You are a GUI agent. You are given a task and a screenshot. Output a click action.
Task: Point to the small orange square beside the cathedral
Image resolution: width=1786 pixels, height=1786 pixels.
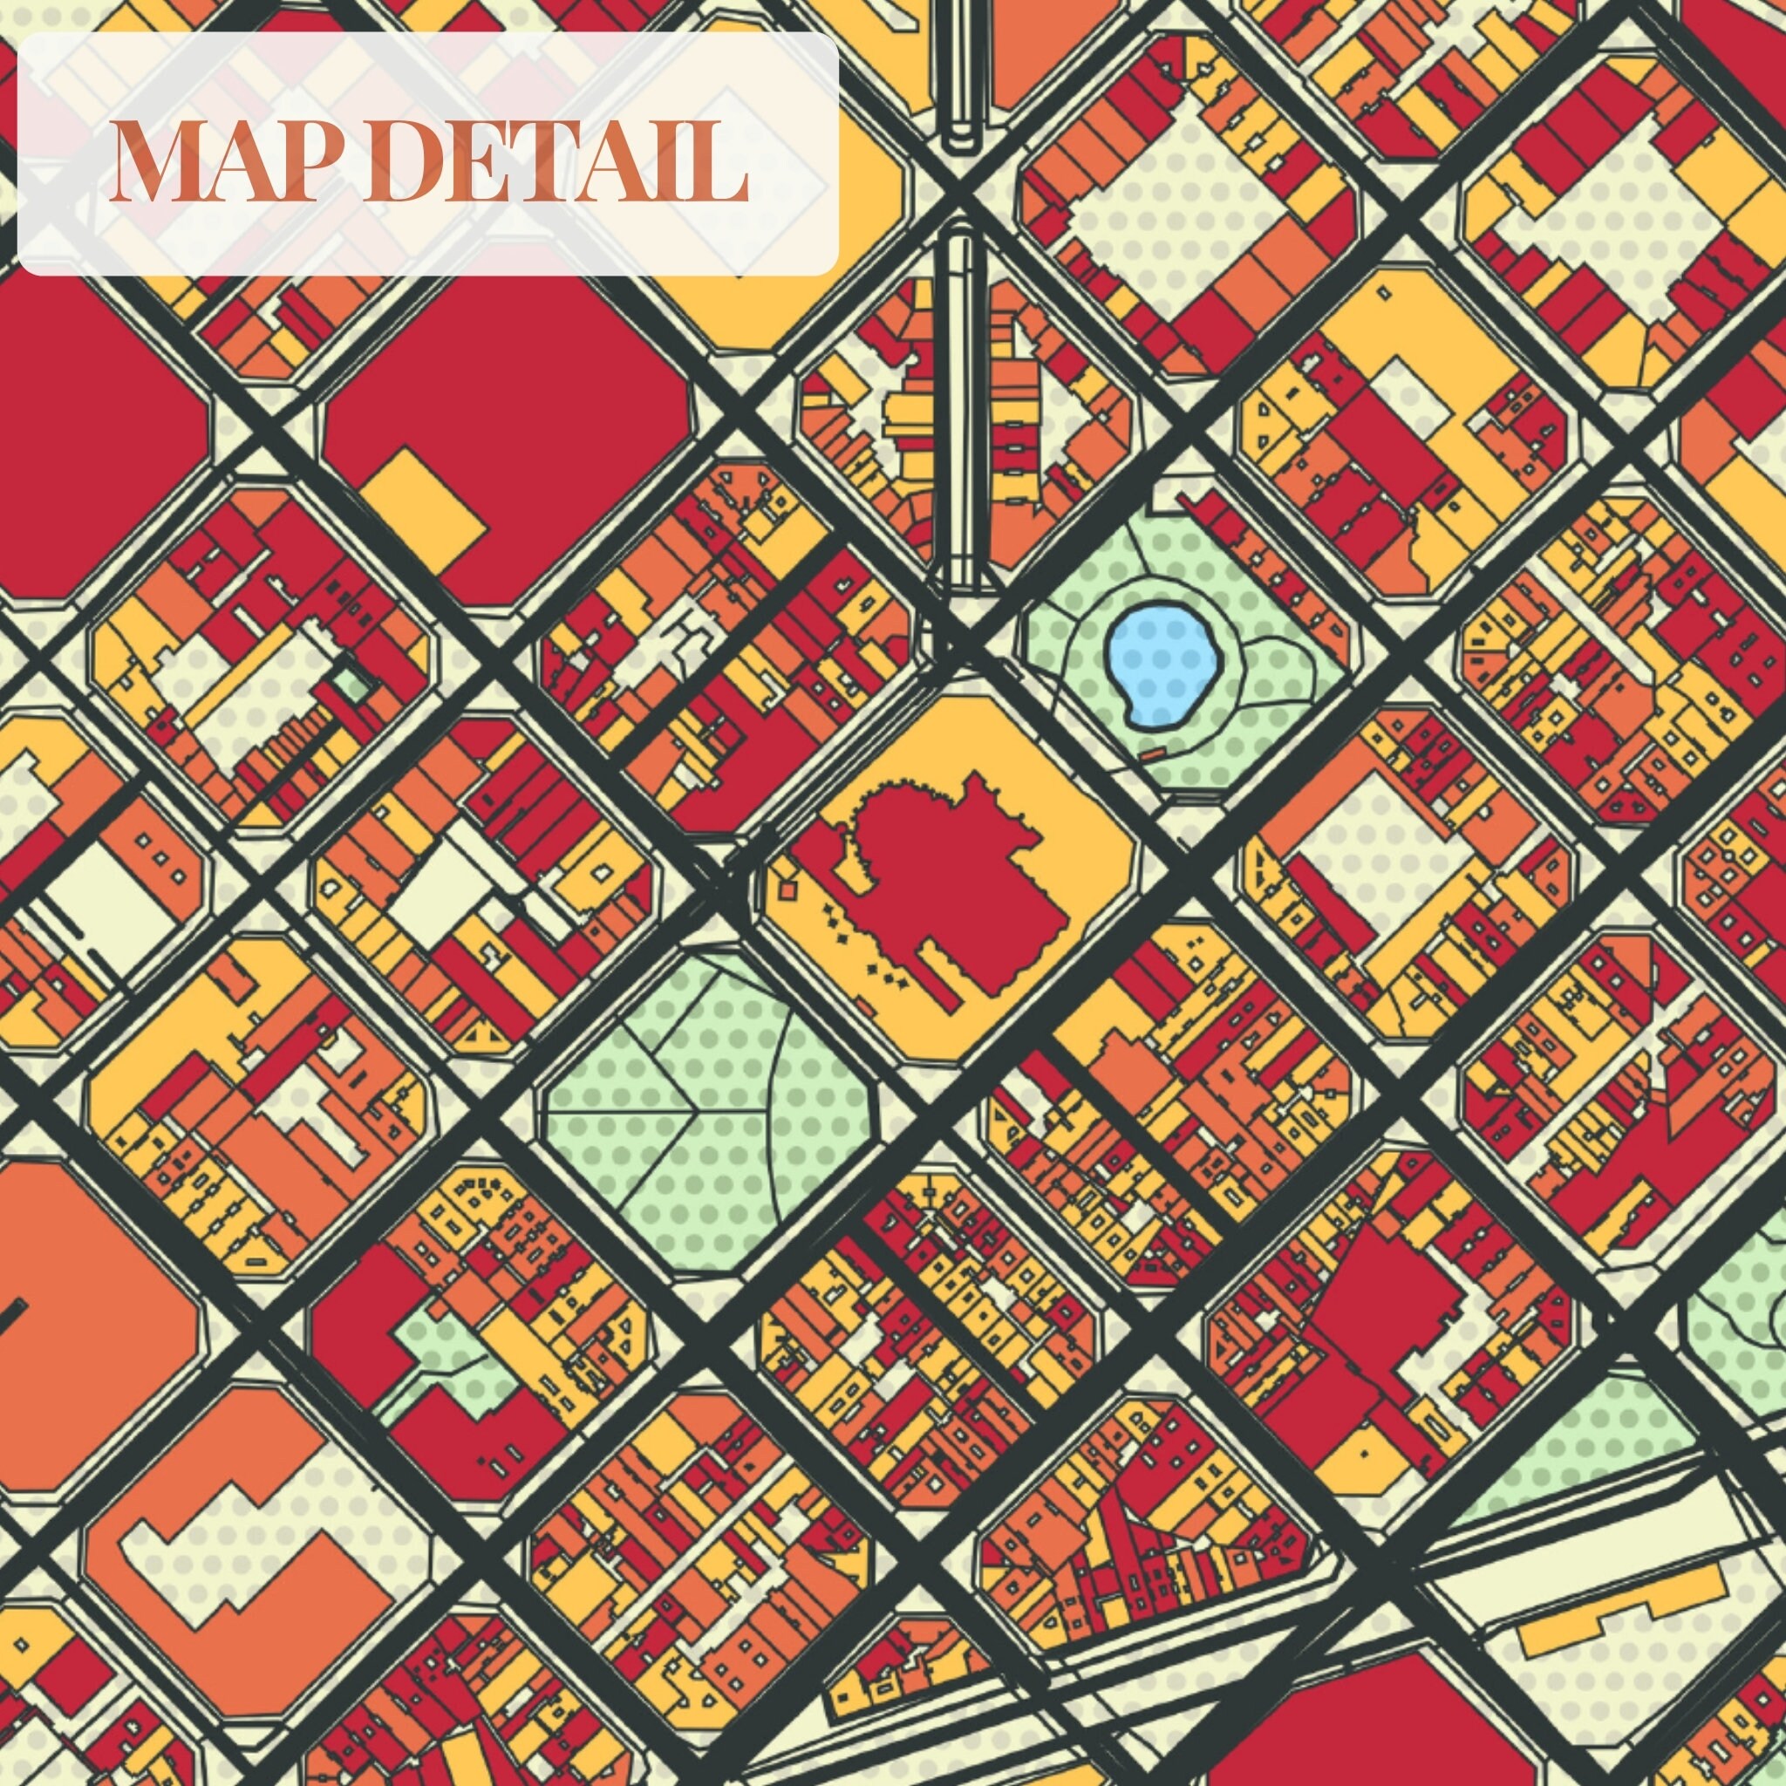(787, 889)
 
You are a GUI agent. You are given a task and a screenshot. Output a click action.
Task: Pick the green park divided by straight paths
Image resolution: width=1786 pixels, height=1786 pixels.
(703, 1109)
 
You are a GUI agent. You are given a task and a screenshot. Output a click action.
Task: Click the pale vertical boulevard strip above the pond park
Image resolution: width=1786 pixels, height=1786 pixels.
(959, 406)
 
